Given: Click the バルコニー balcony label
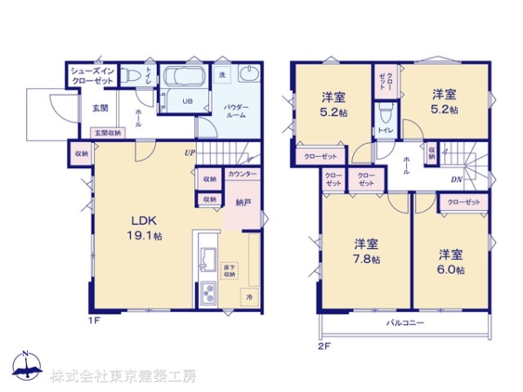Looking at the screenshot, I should (x=405, y=323).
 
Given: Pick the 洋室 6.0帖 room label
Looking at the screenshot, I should (x=451, y=262).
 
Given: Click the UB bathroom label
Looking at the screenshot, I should (x=187, y=100).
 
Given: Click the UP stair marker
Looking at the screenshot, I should (x=188, y=152).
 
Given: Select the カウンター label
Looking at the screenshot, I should (x=242, y=174).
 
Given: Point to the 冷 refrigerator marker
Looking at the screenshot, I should (x=249, y=297).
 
